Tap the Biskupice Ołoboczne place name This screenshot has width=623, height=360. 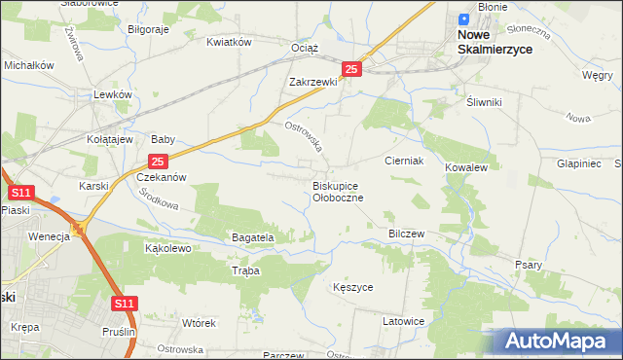(338, 191)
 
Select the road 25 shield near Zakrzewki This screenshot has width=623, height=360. (352, 69)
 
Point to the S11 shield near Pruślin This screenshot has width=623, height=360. (123, 305)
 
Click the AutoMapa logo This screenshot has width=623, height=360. (559, 342)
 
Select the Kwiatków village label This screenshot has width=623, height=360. (230, 42)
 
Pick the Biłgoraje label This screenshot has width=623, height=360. (149, 29)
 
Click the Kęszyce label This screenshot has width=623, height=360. (352, 288)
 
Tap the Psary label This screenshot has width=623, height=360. (528, 265)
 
